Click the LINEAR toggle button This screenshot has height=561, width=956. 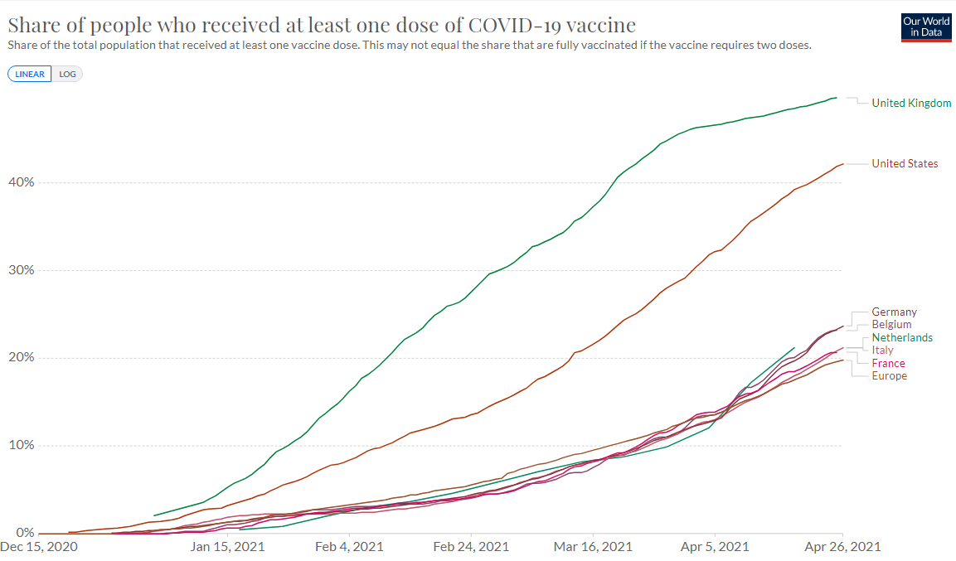click(x=30, y=74)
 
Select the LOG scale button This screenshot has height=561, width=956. click(x=67, y=74)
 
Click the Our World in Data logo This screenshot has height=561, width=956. click(x=926, y=27)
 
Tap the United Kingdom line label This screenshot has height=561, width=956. click(x=911, y=104)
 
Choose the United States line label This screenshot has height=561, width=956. click(x=905, y=164)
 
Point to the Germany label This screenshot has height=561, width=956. click(x=894, y=312)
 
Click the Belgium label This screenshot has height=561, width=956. click(x=891, y=325)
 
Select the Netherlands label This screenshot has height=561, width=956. click(x=902, y=338)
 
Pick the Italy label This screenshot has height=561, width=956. click(x=882, y=351)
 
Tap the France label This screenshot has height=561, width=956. click(x=888, y=364)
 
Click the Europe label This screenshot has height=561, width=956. click(x=889, y=376)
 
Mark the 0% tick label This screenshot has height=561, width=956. click(x=24, y=533)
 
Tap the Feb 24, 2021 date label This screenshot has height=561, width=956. click(x=471, y=548)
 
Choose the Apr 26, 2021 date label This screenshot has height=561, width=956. click(x=842, y=548)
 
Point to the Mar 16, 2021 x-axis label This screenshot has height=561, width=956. click(x=593, y=548)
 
